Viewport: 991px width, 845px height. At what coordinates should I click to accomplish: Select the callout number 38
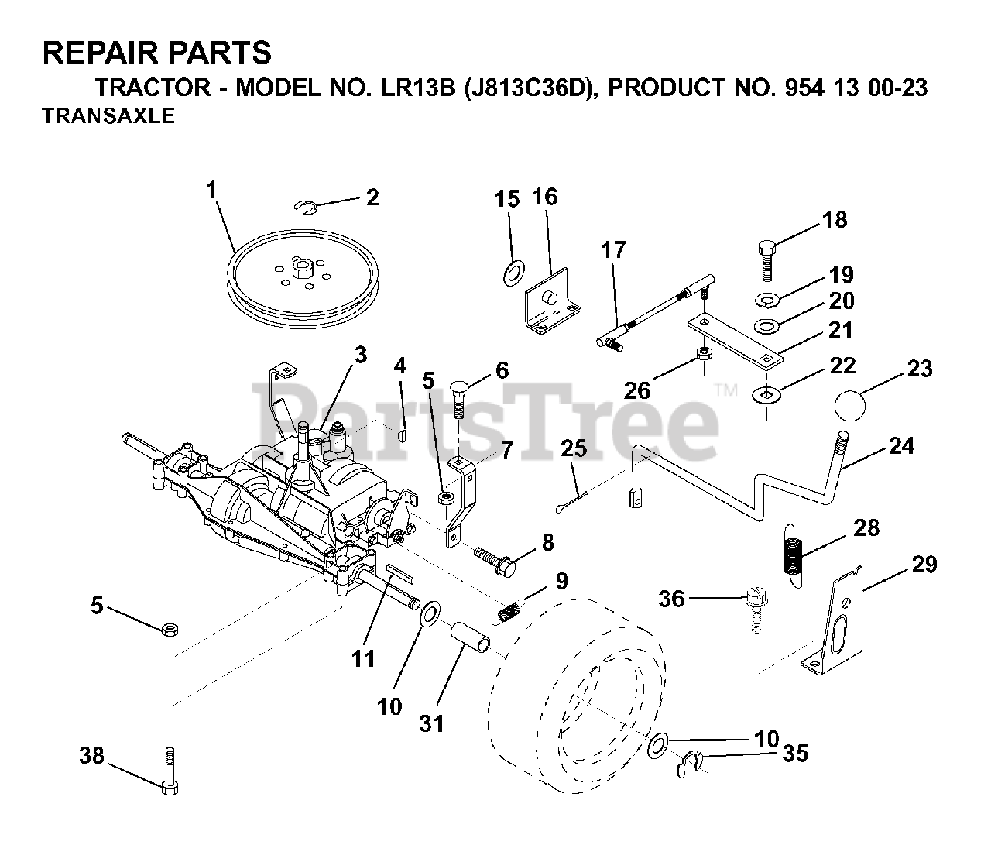point(92,755)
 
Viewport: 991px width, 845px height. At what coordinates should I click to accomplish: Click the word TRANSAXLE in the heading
point(108,116)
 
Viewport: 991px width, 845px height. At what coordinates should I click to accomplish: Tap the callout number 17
point(612,250)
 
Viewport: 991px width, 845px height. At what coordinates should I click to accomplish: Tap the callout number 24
point(901,446)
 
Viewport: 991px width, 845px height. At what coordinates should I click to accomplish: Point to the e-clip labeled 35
point(688,765)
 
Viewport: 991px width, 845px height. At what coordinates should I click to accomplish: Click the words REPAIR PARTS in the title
point(156,53)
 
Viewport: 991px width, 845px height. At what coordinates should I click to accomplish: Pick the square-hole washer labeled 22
point(767,394)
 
